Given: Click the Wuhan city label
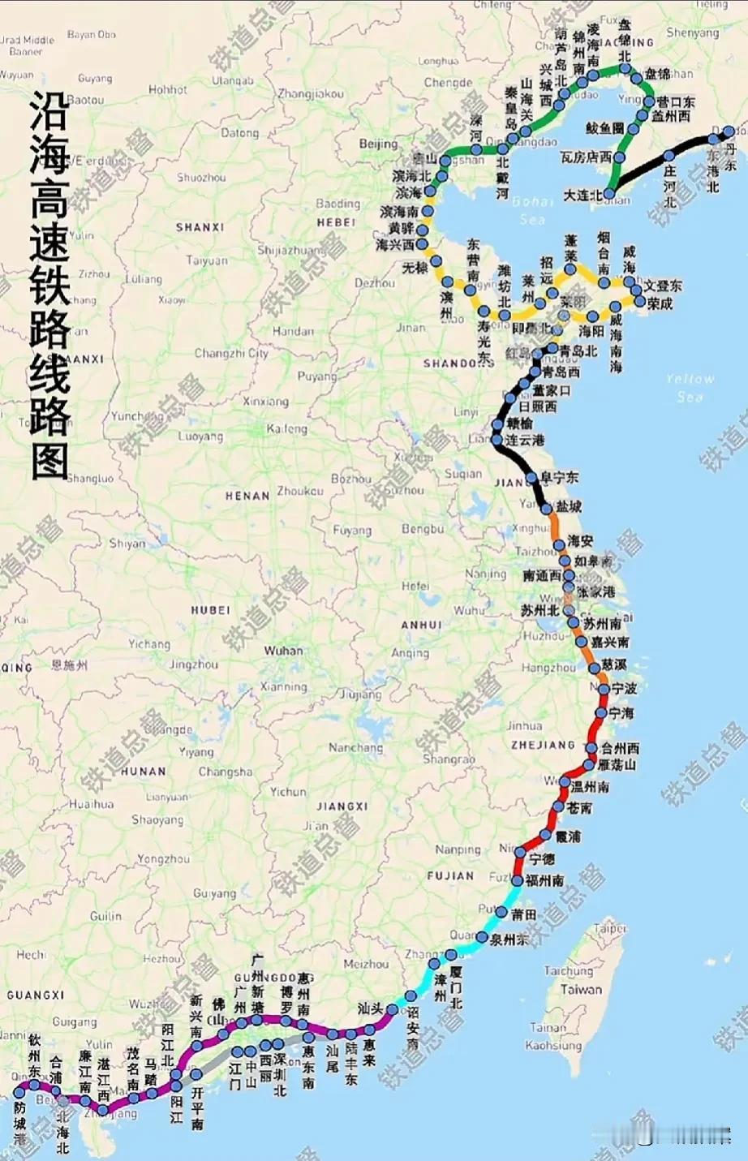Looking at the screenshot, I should (283, 651).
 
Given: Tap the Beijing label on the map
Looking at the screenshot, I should (378, 144).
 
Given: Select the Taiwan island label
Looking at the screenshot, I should (581, 990).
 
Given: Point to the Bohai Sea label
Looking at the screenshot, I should (532, 209).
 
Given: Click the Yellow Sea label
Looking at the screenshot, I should (690, 387).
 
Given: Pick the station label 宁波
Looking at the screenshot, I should (625, 689).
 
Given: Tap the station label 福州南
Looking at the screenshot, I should (544, 880).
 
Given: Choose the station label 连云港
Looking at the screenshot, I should (526, 440).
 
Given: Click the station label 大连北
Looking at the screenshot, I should (582, 196).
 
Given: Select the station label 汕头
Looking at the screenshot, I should (370, 1008).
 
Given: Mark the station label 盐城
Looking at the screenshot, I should (569, 506).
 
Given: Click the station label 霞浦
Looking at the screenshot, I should (568, 836).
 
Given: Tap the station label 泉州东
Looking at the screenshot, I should (509, 940).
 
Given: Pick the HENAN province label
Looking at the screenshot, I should (247, 496).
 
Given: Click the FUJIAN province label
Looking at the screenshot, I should (450, 876).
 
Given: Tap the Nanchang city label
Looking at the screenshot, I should (355, 747).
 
